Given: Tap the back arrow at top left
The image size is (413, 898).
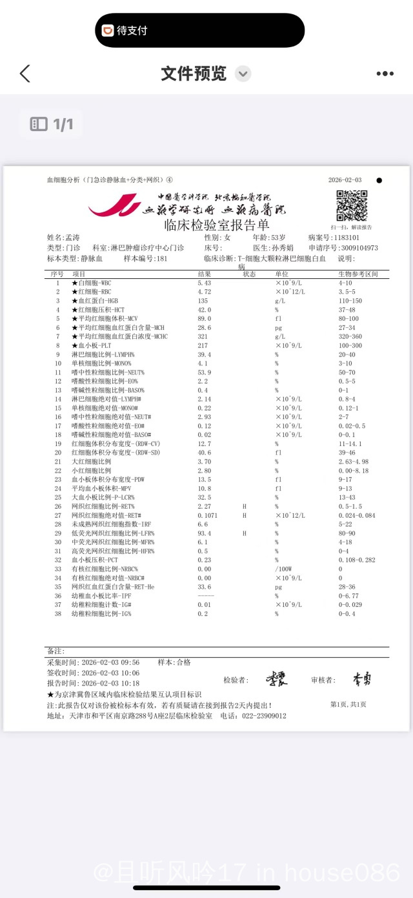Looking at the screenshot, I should click(x=25, y=74).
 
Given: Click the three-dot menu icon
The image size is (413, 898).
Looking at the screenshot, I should click(x=385, y=74).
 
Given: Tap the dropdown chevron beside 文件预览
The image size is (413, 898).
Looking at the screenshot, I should click(x=243, y=74).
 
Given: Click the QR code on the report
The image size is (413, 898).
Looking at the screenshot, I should click(x=351, y=206).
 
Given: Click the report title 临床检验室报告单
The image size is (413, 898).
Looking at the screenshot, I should click(x=217, y=225).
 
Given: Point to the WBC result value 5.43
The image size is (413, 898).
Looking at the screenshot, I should click(x=205, y=283).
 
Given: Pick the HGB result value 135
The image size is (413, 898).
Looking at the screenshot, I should click(x=203, y=301).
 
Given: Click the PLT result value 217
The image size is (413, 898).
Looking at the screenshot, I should click(x=203, y=345).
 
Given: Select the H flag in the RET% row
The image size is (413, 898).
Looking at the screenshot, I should click(x=245, y=506).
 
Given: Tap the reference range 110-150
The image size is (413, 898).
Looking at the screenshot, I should click(x=350, y=301).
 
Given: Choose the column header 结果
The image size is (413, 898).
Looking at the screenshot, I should click(x=204, y=274).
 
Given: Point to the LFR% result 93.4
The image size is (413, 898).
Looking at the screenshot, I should click(x=205, y=533).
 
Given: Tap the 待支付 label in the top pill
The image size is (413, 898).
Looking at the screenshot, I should click(x=132, y=30).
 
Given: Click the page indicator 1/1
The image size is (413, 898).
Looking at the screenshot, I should click(x=63, y=124).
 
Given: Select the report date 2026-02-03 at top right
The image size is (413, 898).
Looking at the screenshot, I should click(x=345, y=180).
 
